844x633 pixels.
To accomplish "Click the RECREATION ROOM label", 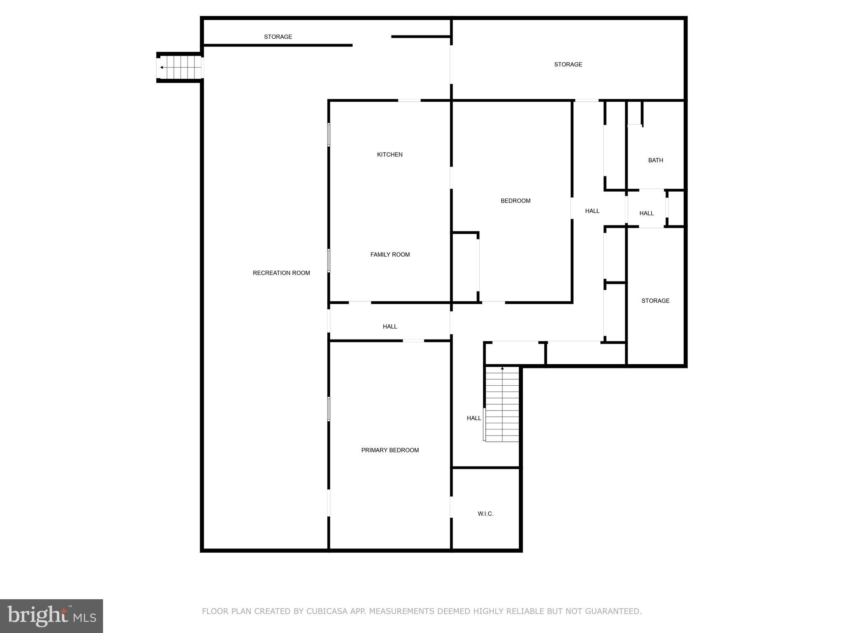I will click(x=281, y=273).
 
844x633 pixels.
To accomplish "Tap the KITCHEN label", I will click(x=389, y=155).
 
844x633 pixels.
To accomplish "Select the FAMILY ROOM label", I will click(x=390, y=255).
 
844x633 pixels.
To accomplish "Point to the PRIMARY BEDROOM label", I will click(x=390, y=450).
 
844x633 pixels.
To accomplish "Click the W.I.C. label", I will click(x=485, y=513).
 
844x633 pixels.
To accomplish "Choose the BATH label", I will click(x=655, y=160).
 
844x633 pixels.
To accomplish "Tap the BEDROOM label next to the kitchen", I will click(x=515, y=201).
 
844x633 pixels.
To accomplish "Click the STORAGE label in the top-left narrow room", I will click(x=278, y=37).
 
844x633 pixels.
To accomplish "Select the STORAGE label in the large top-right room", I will click(x=568, y=64).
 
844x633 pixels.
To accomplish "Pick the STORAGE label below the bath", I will click(x=655, y=301).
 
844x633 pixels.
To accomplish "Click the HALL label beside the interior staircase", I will click(x=474, y=418).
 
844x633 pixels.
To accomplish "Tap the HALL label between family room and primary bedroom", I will click(x=389, y=326).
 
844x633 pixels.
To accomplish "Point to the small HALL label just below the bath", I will click(x=646, y=213).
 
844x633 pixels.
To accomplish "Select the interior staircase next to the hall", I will click(x=502, y=404).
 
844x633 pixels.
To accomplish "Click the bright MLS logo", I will click(x=52, y=616).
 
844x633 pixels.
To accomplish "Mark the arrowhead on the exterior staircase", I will click(x=162, y=68).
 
